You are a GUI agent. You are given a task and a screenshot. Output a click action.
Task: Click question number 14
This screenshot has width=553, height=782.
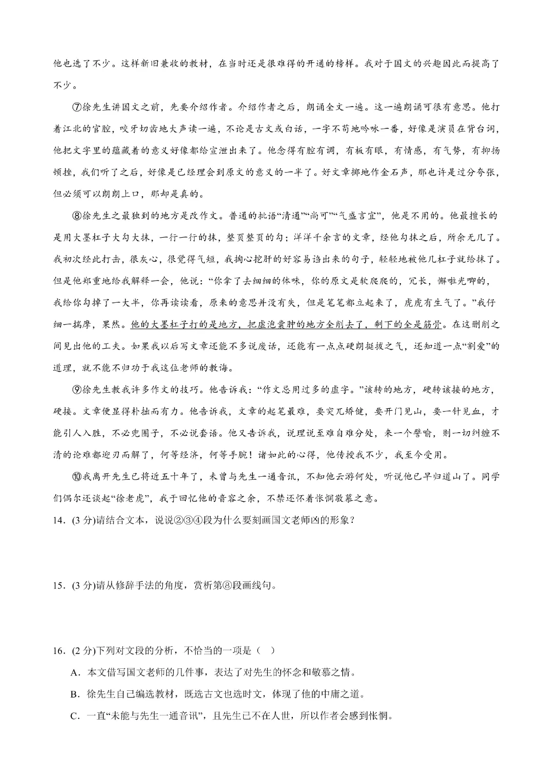[58, 520]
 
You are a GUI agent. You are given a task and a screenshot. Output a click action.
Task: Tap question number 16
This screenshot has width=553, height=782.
[58, 651]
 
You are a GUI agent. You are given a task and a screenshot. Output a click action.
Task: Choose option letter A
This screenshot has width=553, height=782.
[75, 673]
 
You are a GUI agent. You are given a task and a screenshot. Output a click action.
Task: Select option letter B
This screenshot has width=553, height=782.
[75, 694]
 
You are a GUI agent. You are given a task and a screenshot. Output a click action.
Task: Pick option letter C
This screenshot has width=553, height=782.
[75, 716]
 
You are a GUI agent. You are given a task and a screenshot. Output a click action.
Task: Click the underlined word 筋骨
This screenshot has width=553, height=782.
[436, 325]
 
